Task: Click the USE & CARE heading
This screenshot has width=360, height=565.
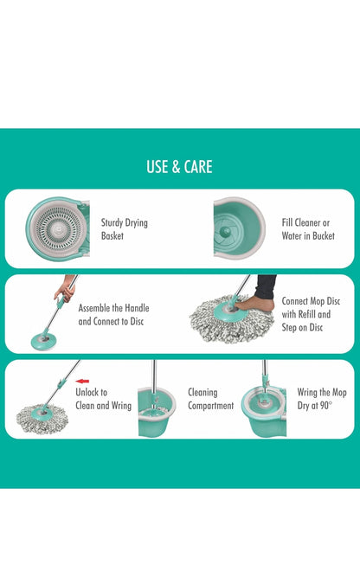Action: coord(179,167)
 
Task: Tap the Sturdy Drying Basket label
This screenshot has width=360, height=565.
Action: coord(124,228)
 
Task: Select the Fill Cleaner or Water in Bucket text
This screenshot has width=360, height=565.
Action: coord(305,228)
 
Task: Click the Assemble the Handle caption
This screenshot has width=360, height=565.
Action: coord(113,314)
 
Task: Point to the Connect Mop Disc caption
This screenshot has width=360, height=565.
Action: coord(305,314)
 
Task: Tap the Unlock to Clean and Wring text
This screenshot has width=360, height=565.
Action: coord(103,399)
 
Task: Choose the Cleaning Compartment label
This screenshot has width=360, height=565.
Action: coord(211,399)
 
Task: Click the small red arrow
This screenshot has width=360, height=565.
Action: coord(83,380)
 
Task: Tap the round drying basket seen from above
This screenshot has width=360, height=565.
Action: coord(56,228)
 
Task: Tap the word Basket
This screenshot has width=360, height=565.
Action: coord(112,235)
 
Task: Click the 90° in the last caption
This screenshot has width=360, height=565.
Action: coord(325,405)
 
